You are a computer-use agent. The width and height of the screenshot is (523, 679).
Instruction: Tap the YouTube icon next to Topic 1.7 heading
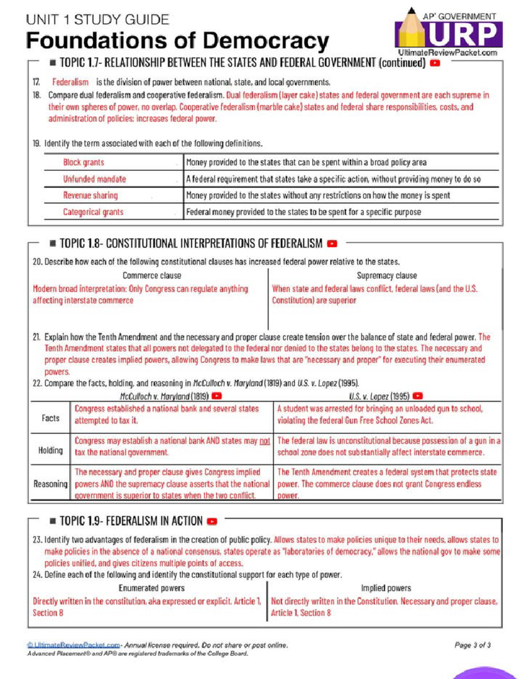435,63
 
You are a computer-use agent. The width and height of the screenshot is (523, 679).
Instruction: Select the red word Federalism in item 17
70,82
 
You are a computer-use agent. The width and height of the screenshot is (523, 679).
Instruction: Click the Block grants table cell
84,162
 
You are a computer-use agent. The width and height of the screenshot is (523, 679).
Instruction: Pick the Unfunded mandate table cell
95,179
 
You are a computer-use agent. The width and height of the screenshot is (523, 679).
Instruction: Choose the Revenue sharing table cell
90,195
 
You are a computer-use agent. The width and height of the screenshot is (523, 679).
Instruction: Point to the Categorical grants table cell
93,212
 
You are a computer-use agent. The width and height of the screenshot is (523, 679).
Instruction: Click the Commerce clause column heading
152,275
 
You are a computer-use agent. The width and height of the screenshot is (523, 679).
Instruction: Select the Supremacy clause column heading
387,275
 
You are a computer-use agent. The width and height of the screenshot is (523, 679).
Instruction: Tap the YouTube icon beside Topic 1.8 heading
332,244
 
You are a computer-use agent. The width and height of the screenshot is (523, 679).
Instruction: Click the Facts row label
51,418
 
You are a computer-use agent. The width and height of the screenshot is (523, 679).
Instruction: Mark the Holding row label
51,450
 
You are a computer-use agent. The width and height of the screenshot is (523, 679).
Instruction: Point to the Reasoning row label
51,484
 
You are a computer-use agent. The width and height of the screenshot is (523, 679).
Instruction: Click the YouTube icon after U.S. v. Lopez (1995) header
418,396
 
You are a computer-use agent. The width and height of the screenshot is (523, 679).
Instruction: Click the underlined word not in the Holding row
265,441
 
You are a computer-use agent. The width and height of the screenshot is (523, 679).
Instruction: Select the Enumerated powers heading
152,588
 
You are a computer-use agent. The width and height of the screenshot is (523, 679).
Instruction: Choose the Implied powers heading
386,588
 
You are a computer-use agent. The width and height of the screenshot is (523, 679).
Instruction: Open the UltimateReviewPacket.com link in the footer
73,645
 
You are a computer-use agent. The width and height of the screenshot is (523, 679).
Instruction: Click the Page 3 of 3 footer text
472,645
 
